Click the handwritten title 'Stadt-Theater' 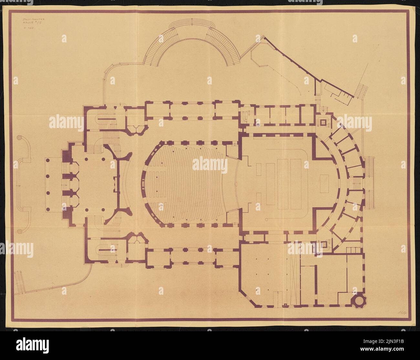[x=33, y=20]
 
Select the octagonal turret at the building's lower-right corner [x=360, y=300]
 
